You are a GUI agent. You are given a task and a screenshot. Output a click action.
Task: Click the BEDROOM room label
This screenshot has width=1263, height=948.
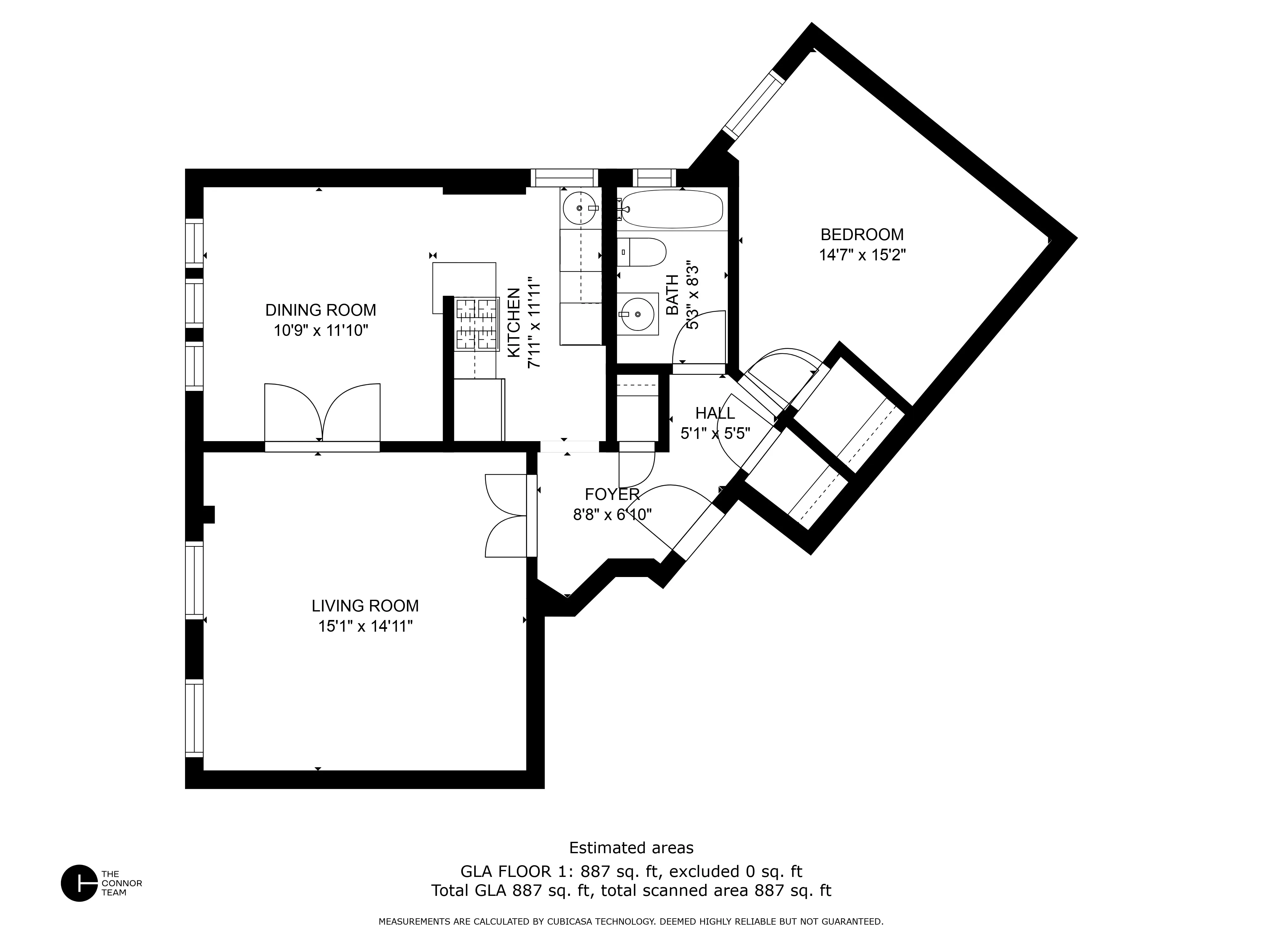862,234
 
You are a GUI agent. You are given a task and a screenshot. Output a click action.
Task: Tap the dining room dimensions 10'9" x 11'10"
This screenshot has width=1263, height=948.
320,330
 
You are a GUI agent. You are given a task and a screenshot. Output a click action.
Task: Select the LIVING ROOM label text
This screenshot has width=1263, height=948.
365,606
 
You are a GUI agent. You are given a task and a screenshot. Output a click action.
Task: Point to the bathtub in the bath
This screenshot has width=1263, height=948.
672,209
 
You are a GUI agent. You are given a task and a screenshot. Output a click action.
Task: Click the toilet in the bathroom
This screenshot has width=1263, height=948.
642,252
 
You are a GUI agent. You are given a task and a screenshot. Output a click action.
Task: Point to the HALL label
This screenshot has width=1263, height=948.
715,413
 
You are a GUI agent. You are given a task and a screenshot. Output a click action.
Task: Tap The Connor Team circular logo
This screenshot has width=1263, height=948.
79,883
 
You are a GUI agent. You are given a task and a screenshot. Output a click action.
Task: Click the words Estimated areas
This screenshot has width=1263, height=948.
631,848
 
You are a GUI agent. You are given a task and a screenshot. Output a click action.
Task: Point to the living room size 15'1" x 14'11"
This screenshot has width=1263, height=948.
365,626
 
